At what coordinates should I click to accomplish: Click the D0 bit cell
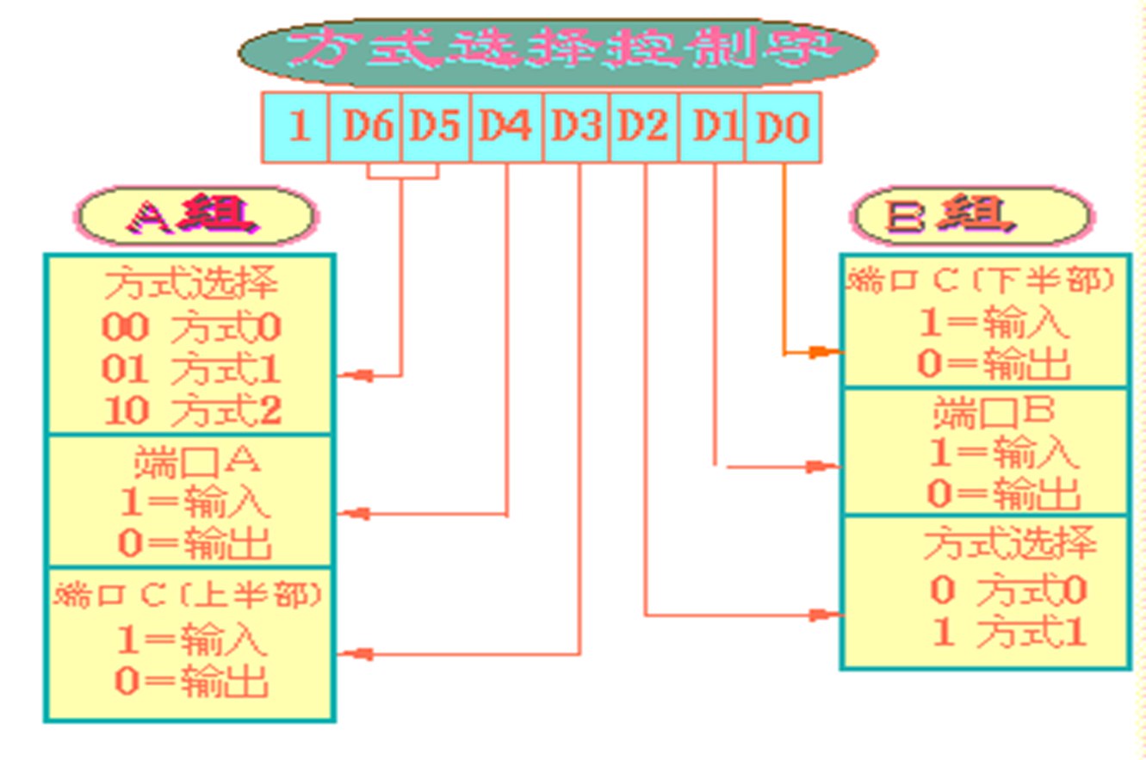[783, 127]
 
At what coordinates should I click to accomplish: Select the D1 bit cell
[712, 127]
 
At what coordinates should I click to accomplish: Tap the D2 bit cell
[643, 127]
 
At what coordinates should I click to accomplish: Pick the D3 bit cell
[576, 127]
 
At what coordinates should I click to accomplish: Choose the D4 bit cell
[506, 127]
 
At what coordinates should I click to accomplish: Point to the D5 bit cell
[435, 127]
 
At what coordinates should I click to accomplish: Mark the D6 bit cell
[364, 127]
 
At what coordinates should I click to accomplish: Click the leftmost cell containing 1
[296, 127]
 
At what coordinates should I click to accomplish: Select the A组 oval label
[195, 216]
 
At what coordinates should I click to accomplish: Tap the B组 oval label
[972, 214]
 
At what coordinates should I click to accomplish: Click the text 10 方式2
[192, 411]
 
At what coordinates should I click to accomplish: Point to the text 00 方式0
[191, 327]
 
